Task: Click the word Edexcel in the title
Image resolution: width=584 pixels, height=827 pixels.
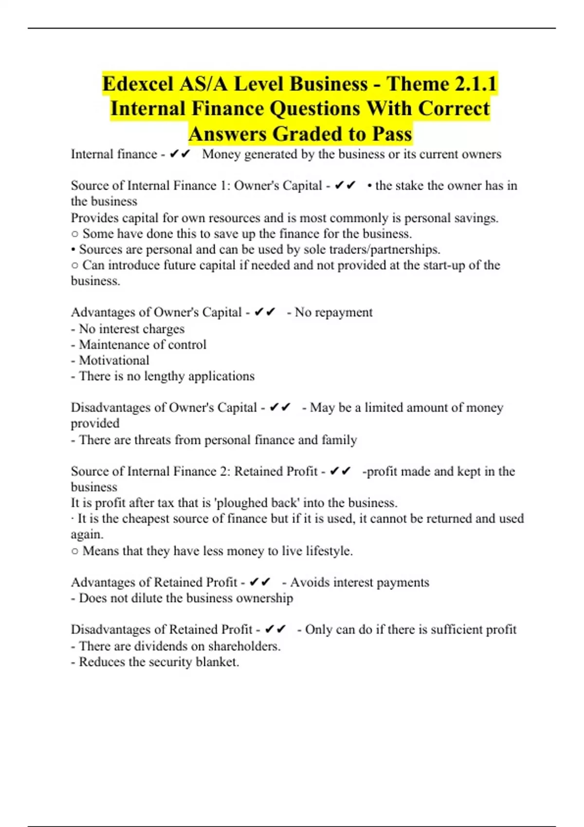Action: (138, 84)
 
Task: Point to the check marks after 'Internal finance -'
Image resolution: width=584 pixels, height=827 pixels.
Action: (180, 155)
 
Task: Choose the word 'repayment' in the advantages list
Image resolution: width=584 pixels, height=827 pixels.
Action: (344, 312)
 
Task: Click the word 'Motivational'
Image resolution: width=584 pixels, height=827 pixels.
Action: (114, 360)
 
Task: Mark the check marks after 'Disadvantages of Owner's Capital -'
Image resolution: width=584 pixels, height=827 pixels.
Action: (280, 408)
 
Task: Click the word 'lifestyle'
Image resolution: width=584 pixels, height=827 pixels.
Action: (329, 551)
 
